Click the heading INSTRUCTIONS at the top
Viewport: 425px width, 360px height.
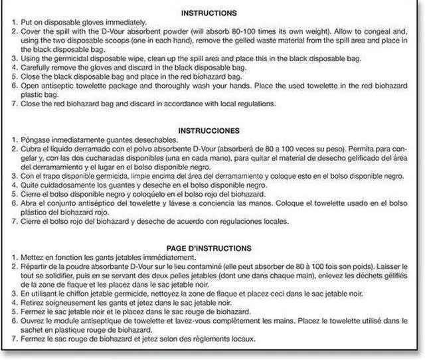(212, 13)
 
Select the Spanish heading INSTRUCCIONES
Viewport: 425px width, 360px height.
(212, 131)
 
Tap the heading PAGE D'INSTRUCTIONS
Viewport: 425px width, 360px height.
(212, 248)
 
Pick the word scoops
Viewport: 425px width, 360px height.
(116, 40)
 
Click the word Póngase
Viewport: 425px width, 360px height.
(31, 140)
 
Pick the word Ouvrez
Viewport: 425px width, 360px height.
(29, 321)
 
